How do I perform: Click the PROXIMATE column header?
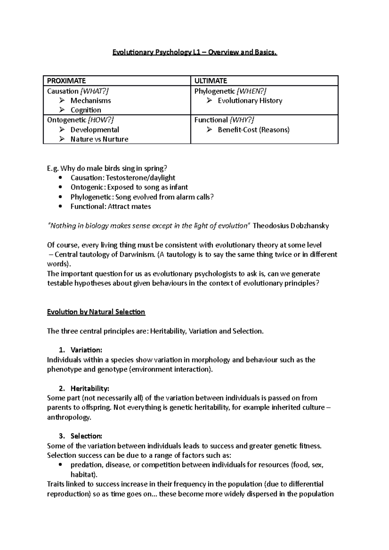(66, 81)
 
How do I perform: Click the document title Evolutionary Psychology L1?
(194, 52)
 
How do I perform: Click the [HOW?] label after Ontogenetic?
(101, 120)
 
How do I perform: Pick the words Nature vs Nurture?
(99, 139)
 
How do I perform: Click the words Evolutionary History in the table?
(250, 101)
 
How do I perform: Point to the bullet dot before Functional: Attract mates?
(61, 207)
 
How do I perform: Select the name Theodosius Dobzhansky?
(290, 226)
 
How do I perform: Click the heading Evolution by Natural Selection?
(96, 312)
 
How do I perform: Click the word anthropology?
(69, 417)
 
